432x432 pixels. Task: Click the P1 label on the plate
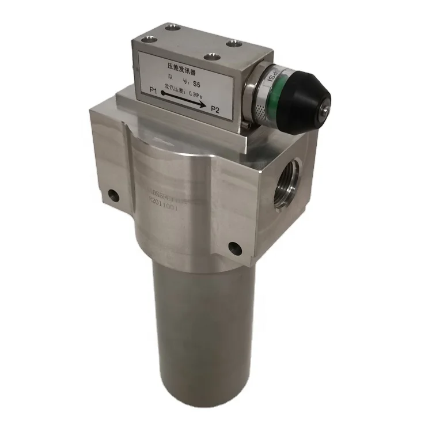coord(153,90)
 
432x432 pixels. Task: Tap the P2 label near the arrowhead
coord(215,109)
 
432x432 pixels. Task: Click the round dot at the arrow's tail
coord(163,92)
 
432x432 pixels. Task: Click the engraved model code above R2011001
coord(161,195)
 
